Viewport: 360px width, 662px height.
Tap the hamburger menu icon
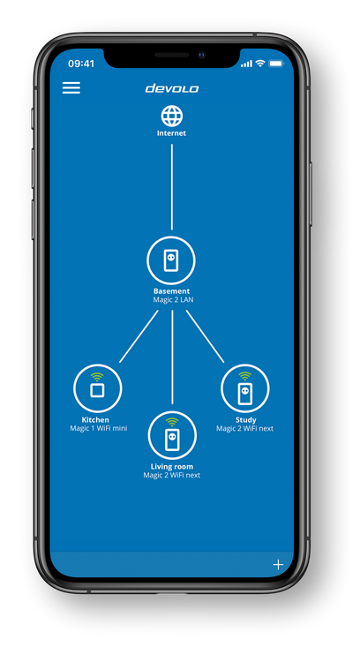(71, 87)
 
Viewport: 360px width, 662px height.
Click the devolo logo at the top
(172, 88)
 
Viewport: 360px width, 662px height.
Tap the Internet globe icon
(172, 116)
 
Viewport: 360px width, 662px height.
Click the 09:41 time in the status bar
(81, 64)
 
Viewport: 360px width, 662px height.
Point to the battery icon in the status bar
(276, 64)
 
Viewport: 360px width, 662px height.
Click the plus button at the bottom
(278, 565)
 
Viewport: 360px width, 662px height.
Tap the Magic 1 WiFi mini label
(98, 428)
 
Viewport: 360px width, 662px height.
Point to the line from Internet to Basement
(172, 187)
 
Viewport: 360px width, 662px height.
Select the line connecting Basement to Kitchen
(139, 336)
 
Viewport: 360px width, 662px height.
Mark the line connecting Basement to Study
(205, 336)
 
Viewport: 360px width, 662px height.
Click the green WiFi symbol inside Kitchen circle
(97, 377)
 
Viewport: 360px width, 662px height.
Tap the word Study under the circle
(245, 420)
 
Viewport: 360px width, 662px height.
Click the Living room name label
(172, 467)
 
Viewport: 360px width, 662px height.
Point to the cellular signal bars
(246, 64)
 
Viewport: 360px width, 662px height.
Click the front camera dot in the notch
(202, 55)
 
